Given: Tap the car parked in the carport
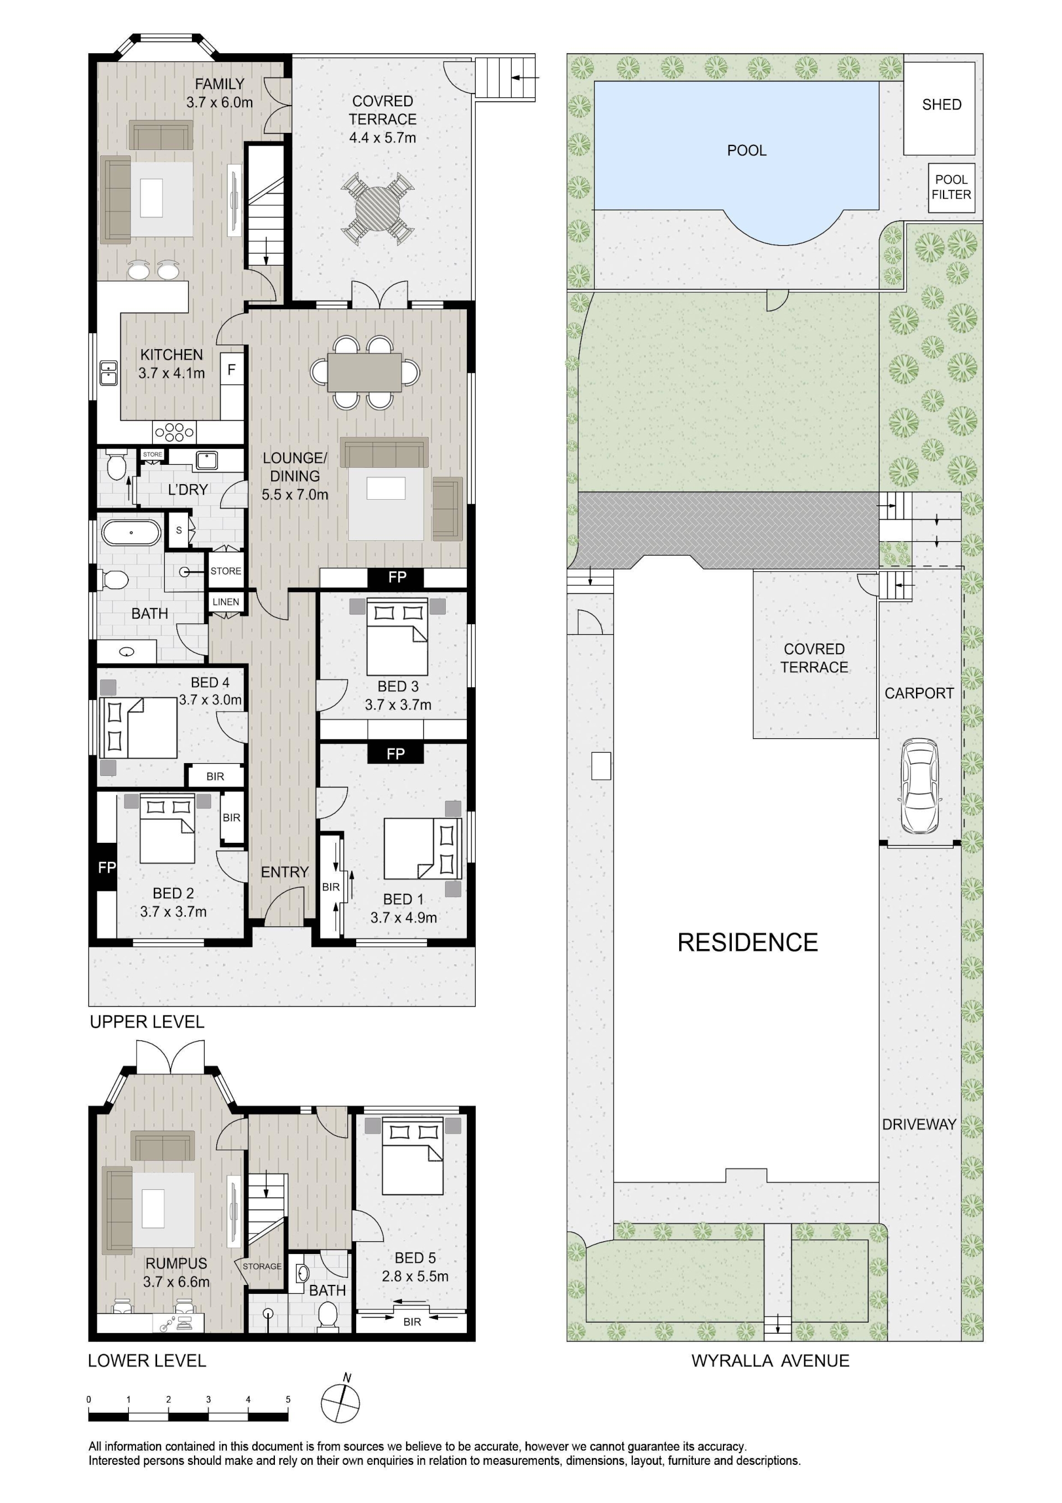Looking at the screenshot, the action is point(920,786).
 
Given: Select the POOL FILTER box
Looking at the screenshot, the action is point(951,187).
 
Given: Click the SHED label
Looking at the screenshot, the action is point(941,105).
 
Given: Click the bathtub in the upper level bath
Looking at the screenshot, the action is point(131,532).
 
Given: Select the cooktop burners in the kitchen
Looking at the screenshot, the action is point(174,432).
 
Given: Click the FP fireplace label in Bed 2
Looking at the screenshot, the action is point(107,867).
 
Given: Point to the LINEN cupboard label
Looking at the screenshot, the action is point(226,602).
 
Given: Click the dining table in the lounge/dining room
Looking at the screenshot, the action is point(365,372).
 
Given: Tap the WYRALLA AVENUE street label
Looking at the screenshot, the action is point(770,1361).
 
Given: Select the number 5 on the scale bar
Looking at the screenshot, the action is point(288,1400).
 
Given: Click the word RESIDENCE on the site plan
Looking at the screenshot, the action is point(747,942).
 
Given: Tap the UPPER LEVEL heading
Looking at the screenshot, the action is point(147,1022).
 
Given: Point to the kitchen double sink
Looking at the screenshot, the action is point(108,373).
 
